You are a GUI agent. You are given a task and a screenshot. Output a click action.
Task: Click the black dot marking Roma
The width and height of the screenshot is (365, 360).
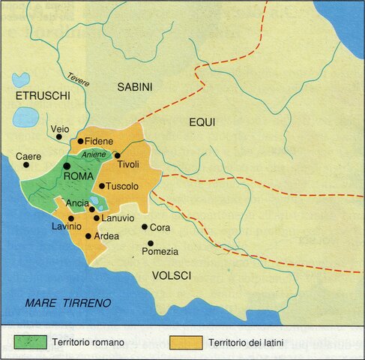pyautogui.click(x=67, y=166)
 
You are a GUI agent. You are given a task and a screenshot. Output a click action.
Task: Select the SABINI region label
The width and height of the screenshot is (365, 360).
pyautogui.click(x=134, y=88)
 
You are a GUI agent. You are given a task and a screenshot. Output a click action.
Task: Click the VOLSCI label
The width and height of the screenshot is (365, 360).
pyautogui.click(x=172, y=276)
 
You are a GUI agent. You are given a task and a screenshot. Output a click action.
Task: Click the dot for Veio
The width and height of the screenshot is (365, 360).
pyautogui.click(x=59, y=137)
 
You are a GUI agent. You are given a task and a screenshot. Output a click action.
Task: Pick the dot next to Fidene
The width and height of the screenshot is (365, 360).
pyautogui.click(x=80, y=140)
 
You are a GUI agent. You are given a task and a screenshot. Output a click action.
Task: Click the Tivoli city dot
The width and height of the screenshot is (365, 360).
pyautogui.click(x=118, y=155)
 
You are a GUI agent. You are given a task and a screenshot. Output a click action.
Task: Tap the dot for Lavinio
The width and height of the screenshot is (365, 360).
pyautogui.click(x=71, y=217)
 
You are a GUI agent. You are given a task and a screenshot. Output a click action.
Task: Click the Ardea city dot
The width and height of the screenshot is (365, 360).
pyautogui.click(x=88, y=235)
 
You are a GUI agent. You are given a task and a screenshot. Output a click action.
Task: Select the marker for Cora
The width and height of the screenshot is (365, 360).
pyautogui.click(x=144, y=226)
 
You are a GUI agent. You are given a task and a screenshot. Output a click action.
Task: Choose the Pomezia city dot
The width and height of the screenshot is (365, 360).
pyautogui.click(x=151, y=243)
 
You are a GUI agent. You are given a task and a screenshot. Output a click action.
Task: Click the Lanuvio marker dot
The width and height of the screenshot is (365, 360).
pyautogui.click(x=96, y=217)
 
